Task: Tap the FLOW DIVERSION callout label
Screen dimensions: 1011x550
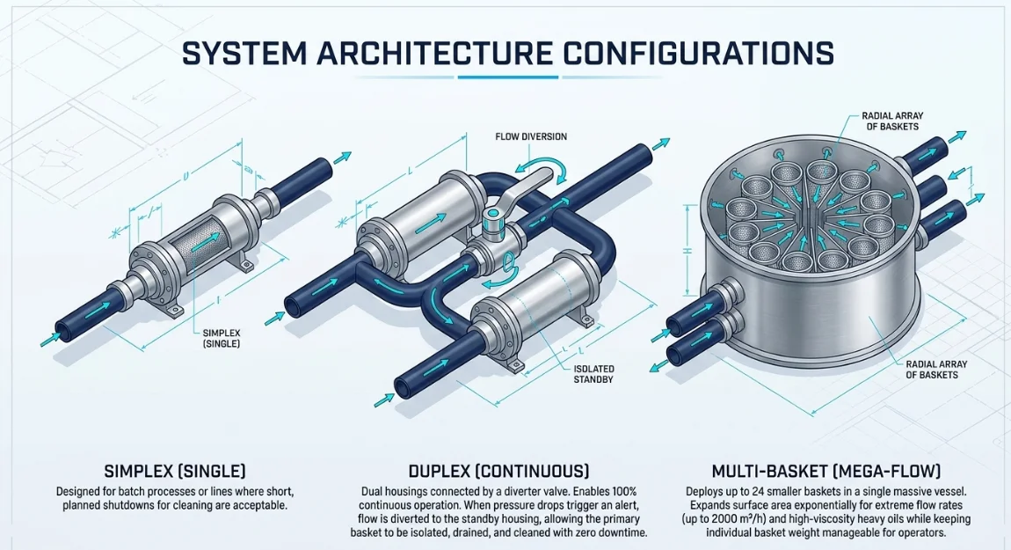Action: (x=531, y=137)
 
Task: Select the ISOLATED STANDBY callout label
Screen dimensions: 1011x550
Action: (x=593, y=374)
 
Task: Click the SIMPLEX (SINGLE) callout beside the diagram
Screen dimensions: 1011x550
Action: (x=222, y=338)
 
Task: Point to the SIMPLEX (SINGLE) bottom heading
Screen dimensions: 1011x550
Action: (x=175, y=471)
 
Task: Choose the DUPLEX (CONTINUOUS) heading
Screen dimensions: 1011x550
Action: (x=498, y=471)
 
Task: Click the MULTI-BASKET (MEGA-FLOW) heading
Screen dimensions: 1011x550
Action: (x=826, y=471)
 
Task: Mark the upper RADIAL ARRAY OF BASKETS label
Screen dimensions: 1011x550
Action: (x=892, y=121)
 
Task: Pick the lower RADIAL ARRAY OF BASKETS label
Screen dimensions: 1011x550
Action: (x=936, y=370)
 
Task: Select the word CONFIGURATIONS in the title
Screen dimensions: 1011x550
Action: (x=695, y=53)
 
